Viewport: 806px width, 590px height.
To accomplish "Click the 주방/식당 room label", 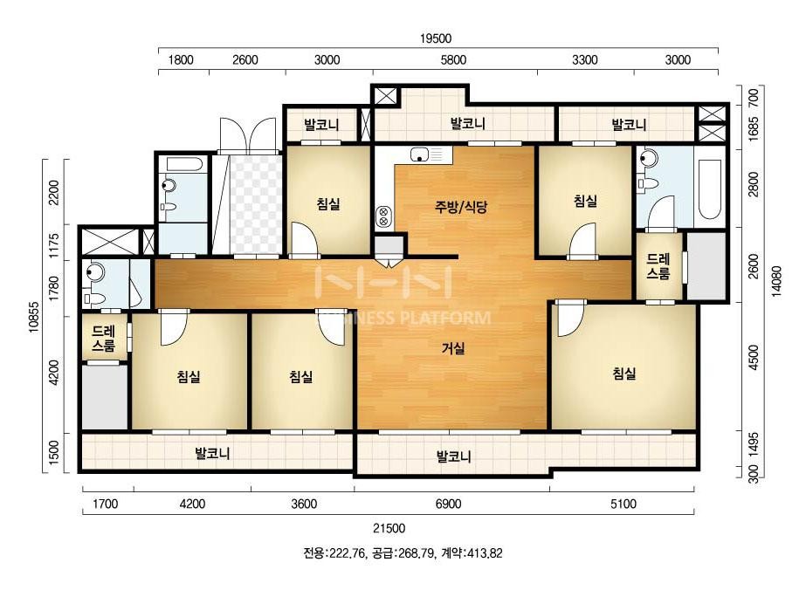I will (462, 207).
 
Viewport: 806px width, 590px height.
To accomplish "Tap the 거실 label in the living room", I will (453, 349).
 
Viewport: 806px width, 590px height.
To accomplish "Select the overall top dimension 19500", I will (437, 38).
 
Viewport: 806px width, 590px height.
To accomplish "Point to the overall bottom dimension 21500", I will (389, 528).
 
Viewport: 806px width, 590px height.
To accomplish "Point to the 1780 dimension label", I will (54, 285).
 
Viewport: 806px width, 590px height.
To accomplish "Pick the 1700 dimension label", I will (106, 504).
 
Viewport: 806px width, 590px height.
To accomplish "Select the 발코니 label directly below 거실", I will (454, 456).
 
